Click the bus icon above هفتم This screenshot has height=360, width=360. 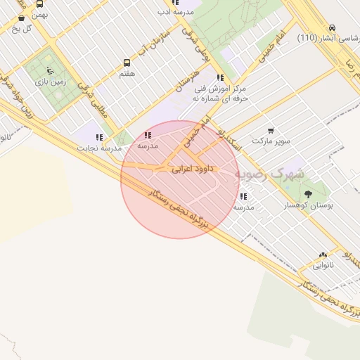(127, 63)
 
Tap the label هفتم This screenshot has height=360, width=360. (127, 73)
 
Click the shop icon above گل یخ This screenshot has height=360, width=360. (20, 18)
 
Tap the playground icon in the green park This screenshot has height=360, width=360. (49, 70)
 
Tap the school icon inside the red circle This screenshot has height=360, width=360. (148, 135)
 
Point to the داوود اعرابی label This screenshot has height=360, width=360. (191, 169)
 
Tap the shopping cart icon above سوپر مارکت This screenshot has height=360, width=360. (271, 130)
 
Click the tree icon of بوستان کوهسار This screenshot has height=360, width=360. (308, 193)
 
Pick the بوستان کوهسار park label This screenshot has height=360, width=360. (309, 205)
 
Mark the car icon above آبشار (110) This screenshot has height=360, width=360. (331, 27)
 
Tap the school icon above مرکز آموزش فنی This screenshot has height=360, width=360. (221, 78)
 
